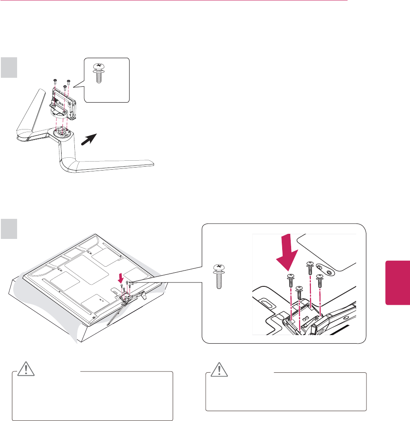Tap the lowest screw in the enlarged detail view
(x=300, y=294)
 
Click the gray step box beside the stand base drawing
(x=9, y=67)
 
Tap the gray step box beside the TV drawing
(x=9, y=229)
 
